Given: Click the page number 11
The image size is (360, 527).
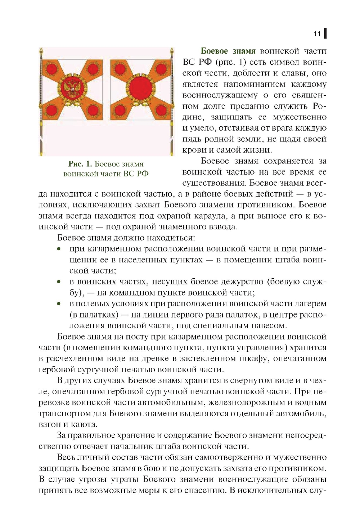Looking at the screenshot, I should point(317,34).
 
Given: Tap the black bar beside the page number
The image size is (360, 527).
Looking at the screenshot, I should point(325,33).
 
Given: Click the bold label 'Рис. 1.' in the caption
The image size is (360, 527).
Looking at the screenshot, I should point(81,164).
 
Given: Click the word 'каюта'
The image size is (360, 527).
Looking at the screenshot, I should point(85,424).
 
